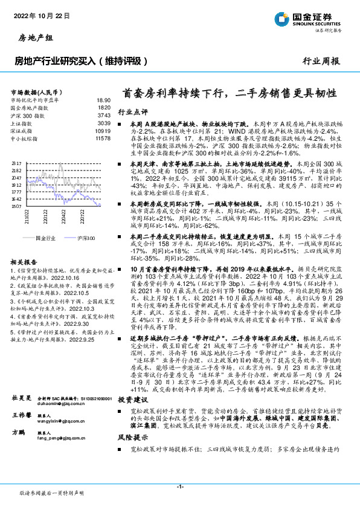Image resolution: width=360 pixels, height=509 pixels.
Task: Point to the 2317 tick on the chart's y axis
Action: coord(16,164)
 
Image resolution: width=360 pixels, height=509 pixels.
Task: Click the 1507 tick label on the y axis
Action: coord(16,206)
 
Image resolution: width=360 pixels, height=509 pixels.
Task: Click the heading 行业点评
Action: coord(132,112)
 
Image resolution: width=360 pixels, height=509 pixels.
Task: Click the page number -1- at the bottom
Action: coord(179,487)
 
